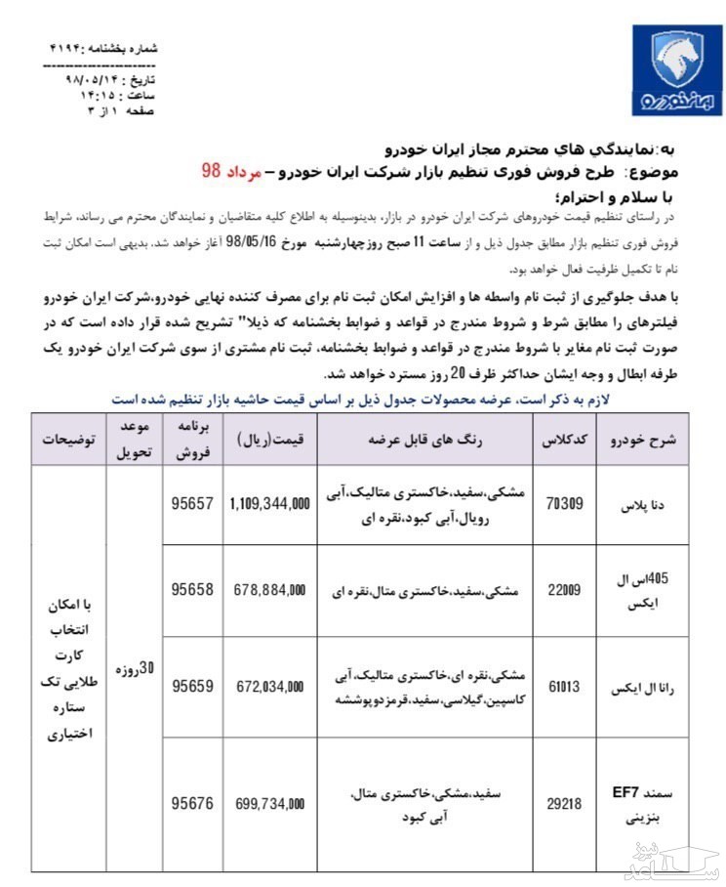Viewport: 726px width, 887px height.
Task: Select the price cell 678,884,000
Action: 270,590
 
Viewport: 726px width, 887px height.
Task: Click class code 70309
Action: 563,505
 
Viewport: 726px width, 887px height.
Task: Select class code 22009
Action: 563,590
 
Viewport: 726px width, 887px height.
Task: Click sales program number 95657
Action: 191,505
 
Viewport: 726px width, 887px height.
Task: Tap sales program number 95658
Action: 191,590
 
